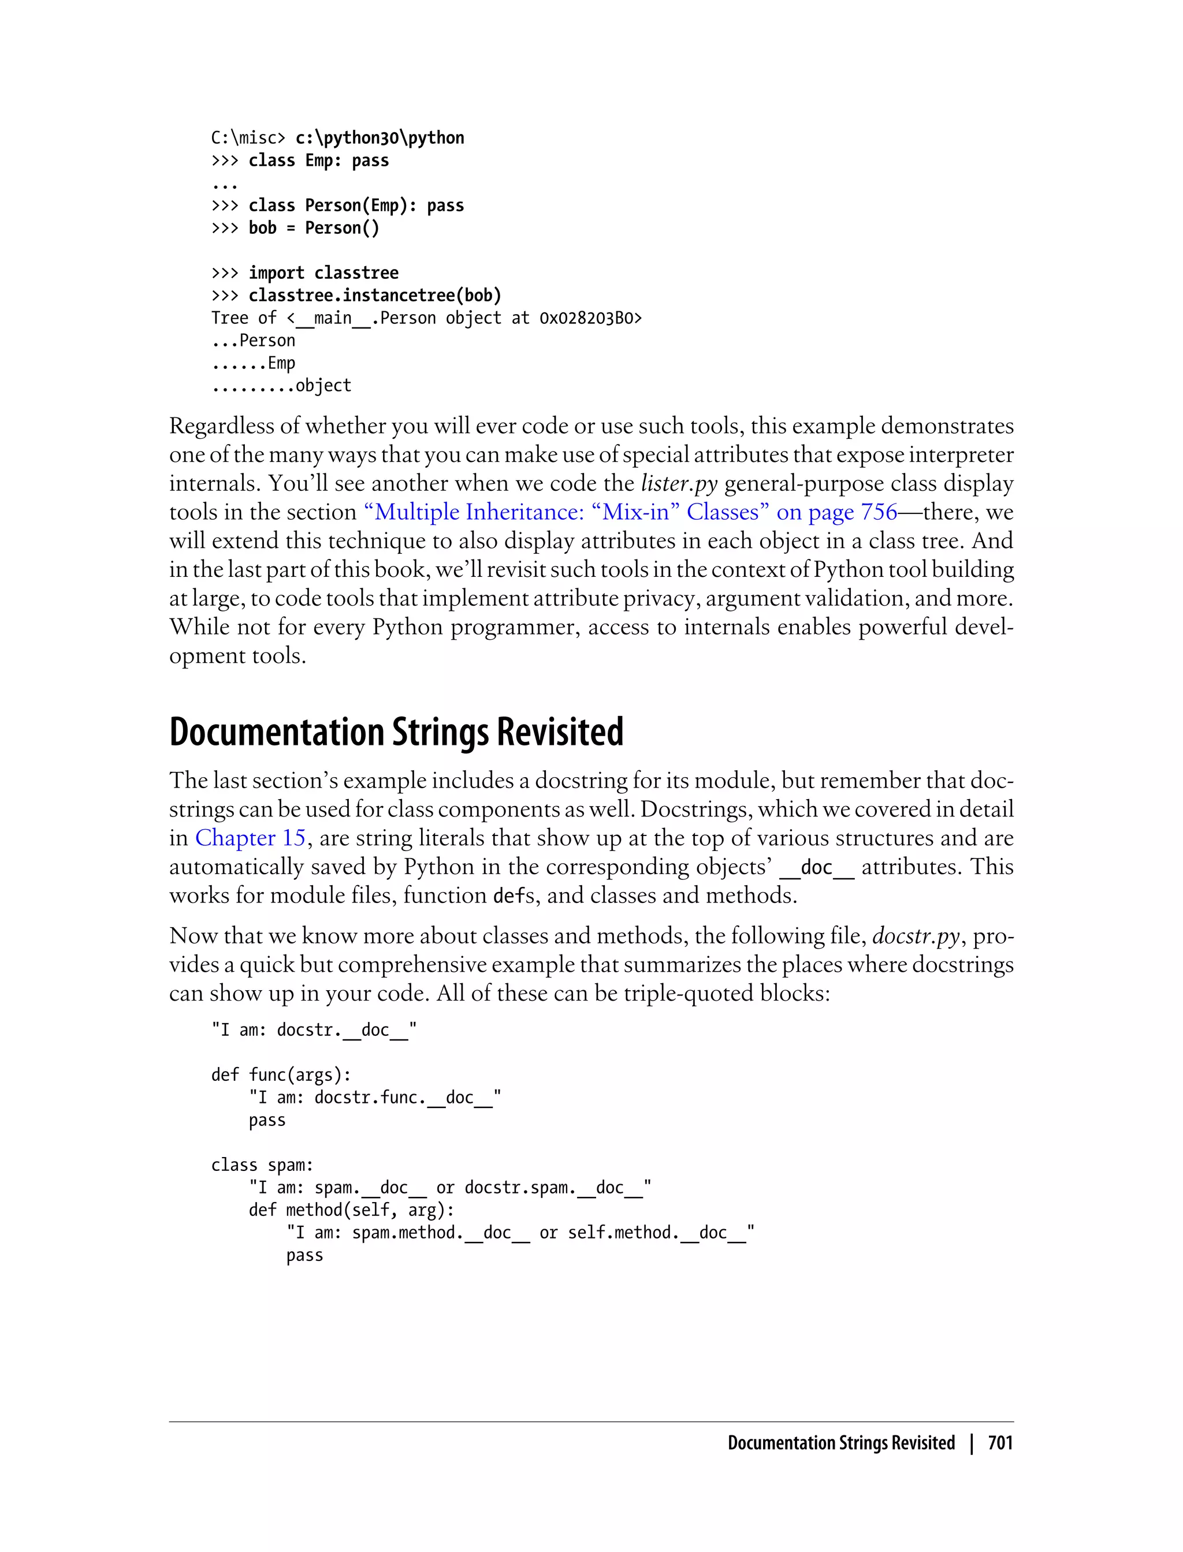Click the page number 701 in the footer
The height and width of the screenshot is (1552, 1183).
pyautogui.click(x=1000, y=1443)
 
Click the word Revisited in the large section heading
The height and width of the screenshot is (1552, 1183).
pyautogui.click(x=560, y=732)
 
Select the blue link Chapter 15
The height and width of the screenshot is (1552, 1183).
pyautogui.click(x=250, y=838)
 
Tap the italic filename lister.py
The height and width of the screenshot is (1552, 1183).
pyautogui.click(x=679, y=483)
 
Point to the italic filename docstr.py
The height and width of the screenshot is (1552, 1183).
pyautogui.click(x=916, y=936)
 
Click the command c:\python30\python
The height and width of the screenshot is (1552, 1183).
pyautogui.click(x=380, y=138)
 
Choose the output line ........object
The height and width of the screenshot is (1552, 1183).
pyautogui.click(x=281, y=386)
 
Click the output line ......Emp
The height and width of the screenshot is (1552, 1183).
pyautogui.click(x=254, y=363)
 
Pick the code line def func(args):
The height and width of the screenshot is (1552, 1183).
pyautogui.click(x=281, y=1075)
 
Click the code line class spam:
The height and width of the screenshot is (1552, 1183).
pyautogui.click(x=262, y=1165)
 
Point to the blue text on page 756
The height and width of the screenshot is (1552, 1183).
pyautogui.click(x=836, y=512)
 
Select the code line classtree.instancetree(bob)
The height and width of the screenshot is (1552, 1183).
pyautogui.click(x=375, y=296)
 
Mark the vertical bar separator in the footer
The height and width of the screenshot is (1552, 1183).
pyautogui.click(x=972, y=1443)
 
